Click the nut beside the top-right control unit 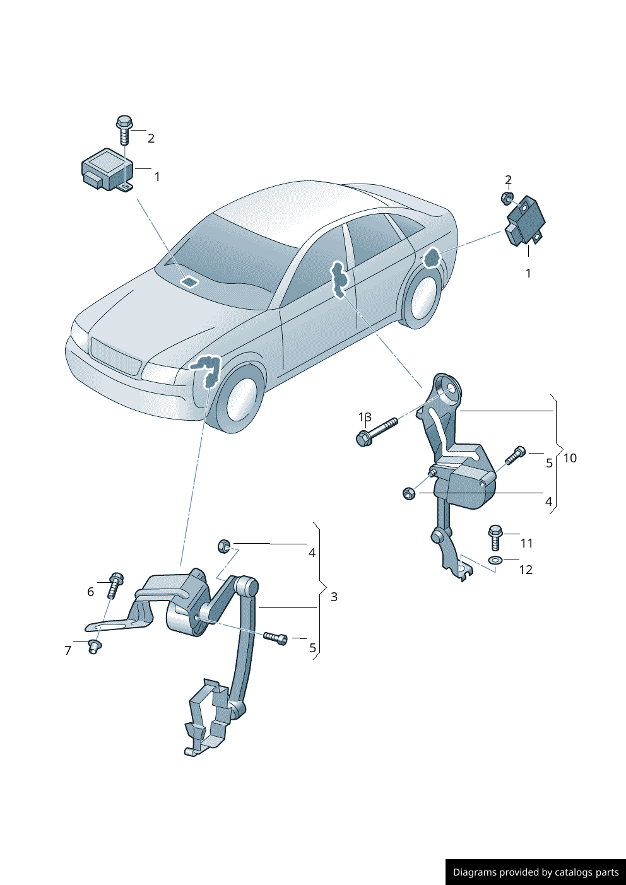[506, 198]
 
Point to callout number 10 [569, 459]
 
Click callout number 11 [526, 543]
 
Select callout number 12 [526, 570]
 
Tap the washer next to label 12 [494, 560]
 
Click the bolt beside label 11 [495, 537]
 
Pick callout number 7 [68, 651]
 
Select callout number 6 [90, 592]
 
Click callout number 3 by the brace [334, 597]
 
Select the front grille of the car [115, 356]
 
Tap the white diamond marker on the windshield [189, 281]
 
